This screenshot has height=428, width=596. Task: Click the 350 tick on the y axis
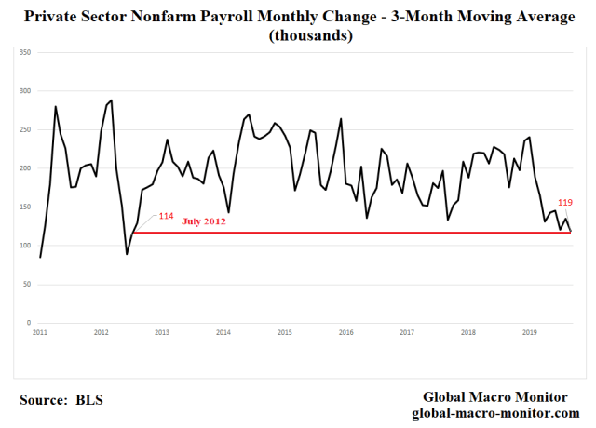pyautogui.click(x=26, y=53)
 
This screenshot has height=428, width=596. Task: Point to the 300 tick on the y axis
pyautogui.click(x=26, y=91)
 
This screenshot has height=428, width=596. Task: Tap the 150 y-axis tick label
pyautogui.click(x=26, y=207)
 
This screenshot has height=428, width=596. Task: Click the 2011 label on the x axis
pyautogui.click(x=40, y=332)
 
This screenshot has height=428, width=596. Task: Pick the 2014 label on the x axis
pyautogui.click(x=223, y=332)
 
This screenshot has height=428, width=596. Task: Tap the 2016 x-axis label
pyautogui.click(x=345, y=332)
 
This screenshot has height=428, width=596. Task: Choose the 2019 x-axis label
pyautogui.click(x=529, y=332)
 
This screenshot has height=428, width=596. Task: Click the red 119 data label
pyautogui.click(x=565, y=202)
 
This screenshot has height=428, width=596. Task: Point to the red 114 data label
pyautogui.click(x=166, y=216)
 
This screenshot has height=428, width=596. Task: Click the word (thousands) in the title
pyautogui.click(x=297, y=35)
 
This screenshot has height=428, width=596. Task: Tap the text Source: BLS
pyautogui.click(x=61, y=400)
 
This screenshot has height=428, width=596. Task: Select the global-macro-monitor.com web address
pyautogui.click(x=494, y=412)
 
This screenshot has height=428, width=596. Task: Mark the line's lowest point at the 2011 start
pyautogui.click(x=40, y=257)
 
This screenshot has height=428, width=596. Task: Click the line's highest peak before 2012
pyautogui.click(x=112, y=100)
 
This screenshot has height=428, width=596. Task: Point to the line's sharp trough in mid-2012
pyautogui.click(x=127, y=254)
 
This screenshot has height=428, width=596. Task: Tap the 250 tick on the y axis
pyautogui.click(x=26, y=130)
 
